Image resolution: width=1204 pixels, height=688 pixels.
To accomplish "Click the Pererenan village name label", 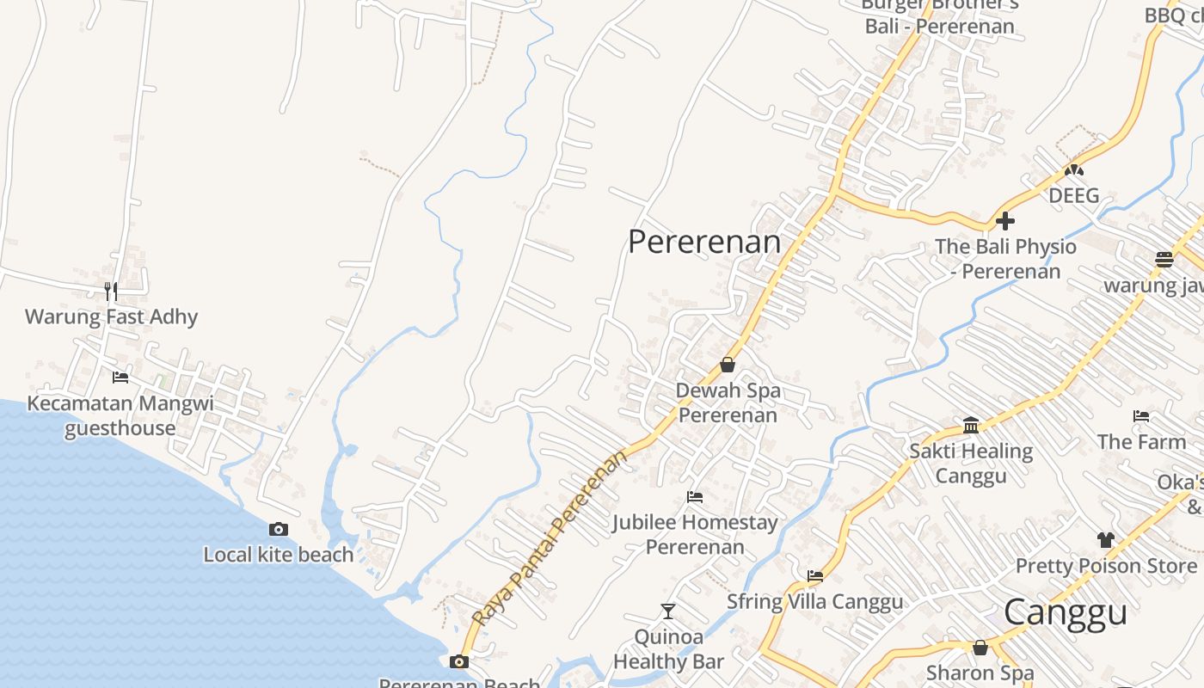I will coord(704,242).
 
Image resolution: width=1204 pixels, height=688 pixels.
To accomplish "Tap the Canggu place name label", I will coord(1065,612).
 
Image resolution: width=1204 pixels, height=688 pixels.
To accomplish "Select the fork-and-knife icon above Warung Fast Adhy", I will coord(110,291).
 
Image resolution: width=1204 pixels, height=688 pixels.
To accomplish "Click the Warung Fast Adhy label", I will coord(111,316).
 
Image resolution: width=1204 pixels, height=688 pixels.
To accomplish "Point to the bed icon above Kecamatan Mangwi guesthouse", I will coord(120,377).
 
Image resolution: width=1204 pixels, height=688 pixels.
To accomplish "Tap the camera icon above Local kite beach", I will coord(278,529).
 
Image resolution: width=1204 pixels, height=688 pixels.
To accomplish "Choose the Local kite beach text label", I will coord(278,555).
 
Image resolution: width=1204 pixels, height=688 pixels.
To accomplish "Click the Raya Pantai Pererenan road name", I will coord(550,538).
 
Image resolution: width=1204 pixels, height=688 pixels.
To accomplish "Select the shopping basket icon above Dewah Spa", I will coord(728,365).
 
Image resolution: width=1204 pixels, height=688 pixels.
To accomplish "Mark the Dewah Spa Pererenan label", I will coord(728,402).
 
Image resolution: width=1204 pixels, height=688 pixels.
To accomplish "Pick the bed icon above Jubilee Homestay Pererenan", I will coord(695,497).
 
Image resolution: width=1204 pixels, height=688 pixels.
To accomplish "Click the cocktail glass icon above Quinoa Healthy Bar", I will coord(668,611).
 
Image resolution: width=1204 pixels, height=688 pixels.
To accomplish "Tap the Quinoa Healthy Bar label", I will coord(668,649).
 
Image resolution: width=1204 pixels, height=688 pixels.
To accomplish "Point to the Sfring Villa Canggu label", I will coord(814,601).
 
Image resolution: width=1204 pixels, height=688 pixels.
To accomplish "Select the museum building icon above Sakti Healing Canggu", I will coord(971,425).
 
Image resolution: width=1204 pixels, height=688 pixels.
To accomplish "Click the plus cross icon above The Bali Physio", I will coord(1004,221).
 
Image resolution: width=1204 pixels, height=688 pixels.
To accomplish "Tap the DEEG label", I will coord(1073,195).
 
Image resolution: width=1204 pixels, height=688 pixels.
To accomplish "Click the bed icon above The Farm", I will coord(1141,416).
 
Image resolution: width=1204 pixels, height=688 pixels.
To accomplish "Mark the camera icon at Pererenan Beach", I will coord(459,661).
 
